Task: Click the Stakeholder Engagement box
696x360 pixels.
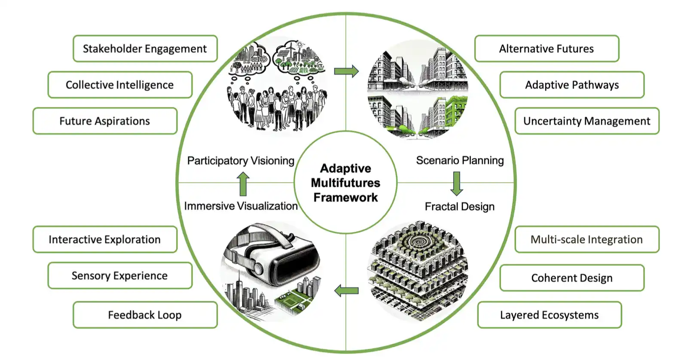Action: click(145, 49)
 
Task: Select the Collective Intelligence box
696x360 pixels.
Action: click(120, 85)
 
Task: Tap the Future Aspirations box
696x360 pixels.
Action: click(105, 121)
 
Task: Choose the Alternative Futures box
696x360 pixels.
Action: click(546, 49)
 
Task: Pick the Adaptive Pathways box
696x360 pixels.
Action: click(572, 85)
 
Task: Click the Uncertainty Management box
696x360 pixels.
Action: click(587, 121)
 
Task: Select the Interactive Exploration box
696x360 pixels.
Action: click(105, 239)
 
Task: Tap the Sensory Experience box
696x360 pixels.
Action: click(120, 275)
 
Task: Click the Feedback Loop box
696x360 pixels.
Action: click(145, 315)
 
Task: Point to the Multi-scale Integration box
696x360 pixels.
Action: click(587, 239)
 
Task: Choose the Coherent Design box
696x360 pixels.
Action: click(572, 278)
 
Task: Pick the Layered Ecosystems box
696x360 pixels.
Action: click(549, 315)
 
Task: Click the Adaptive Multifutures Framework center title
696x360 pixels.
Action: click(345, 183)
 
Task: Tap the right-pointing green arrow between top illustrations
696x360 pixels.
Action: click(346, 71)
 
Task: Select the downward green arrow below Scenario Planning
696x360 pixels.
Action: click(457, 183)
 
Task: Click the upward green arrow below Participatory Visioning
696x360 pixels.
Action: click(243, 183)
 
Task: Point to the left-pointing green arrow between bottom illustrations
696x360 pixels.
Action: click(346, 291)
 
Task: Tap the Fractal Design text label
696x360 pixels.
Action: click(459, 207)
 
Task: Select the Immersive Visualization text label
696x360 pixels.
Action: click(241, 206)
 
